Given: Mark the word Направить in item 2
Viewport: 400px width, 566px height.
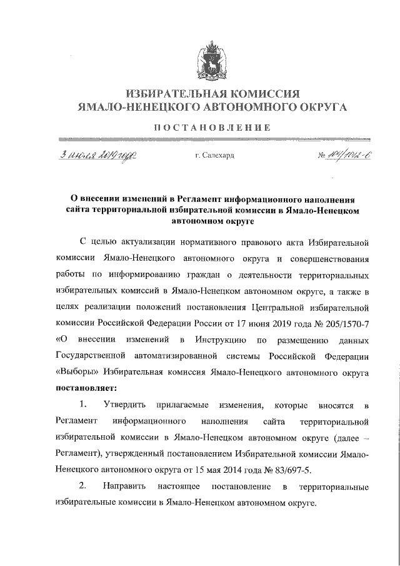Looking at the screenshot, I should pos(127,486).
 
